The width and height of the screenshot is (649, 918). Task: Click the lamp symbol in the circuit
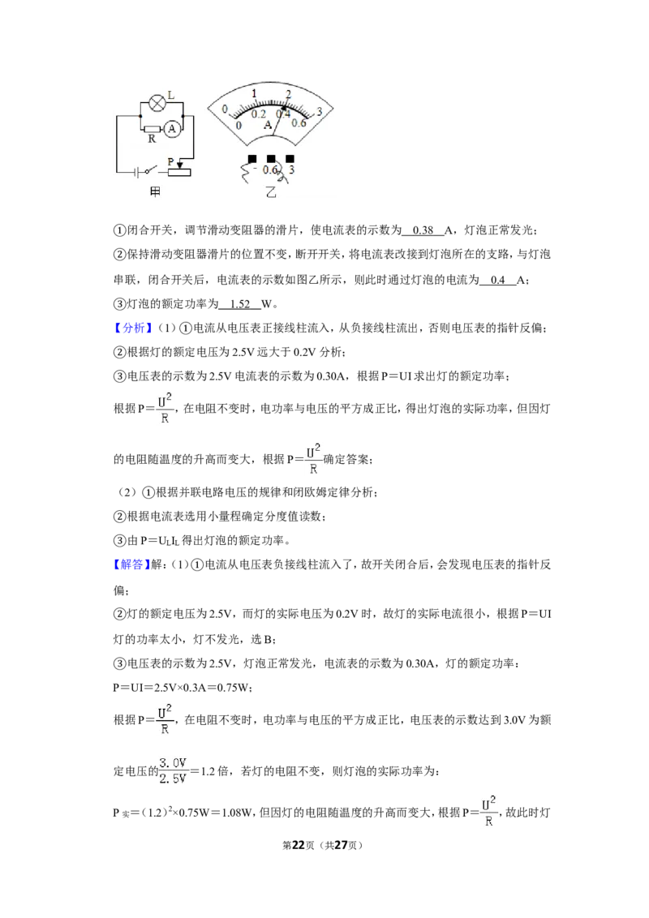(157, 104)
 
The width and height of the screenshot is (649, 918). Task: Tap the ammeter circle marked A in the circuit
(172, 129)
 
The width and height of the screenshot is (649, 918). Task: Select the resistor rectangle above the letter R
(153, 129)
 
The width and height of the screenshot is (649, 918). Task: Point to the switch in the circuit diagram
(152, 171)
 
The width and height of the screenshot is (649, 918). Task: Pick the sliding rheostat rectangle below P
(179, 172)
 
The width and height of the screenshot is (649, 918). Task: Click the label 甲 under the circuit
(155, 191)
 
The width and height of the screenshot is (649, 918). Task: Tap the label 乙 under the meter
(271, 192)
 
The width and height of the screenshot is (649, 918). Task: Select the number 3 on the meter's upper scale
(320, 112)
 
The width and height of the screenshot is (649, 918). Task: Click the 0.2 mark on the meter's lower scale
(258, 115)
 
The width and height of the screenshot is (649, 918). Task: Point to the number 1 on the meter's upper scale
(254, 94)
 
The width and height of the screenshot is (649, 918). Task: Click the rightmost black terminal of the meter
(290, 159)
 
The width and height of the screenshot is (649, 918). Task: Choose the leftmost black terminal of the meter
(252, 159)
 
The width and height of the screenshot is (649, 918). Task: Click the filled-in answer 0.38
(423, 230)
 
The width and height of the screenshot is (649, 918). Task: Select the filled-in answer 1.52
(240, 304)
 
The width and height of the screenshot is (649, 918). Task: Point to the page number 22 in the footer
(299, 845)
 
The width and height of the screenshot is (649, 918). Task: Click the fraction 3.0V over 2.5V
(173, 771)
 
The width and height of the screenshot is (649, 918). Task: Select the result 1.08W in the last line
(237, 813)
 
